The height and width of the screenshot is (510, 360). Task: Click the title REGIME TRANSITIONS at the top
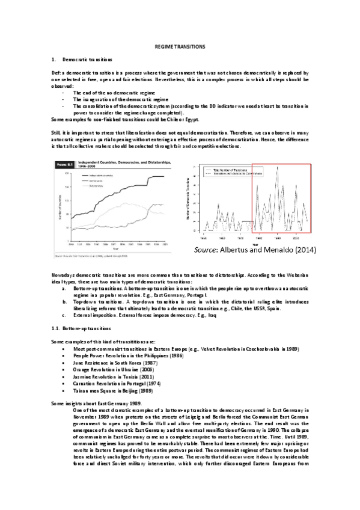pyautogui.click(x=180, y=46)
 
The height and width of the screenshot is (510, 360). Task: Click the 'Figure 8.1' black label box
pyautogui.click(x=64, y=164)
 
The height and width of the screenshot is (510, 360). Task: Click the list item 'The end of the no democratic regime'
pyautogui.click(x=115, y=93)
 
